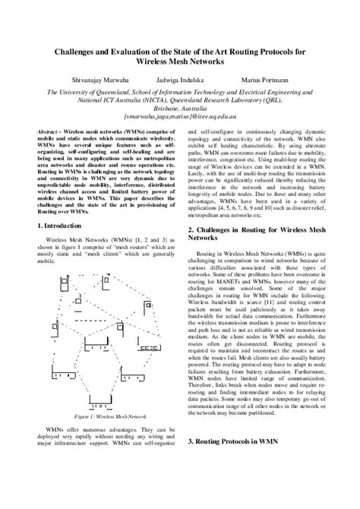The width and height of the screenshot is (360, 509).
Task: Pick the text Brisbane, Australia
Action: [179, 109]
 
